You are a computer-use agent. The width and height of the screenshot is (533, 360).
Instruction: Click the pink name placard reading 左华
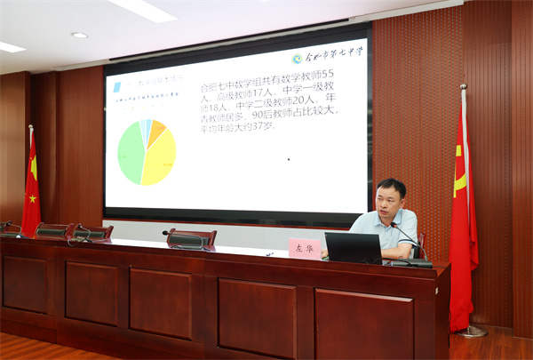point(304,248)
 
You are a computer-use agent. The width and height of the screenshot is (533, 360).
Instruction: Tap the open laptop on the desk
point(353,248)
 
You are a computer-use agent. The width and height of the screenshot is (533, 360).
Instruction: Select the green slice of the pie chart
point(131,152)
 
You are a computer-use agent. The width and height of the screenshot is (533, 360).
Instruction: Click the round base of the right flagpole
point(471,332)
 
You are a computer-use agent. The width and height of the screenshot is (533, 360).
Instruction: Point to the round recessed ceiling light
point(80,36)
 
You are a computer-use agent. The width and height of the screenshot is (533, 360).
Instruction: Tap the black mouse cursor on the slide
point(288,160)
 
